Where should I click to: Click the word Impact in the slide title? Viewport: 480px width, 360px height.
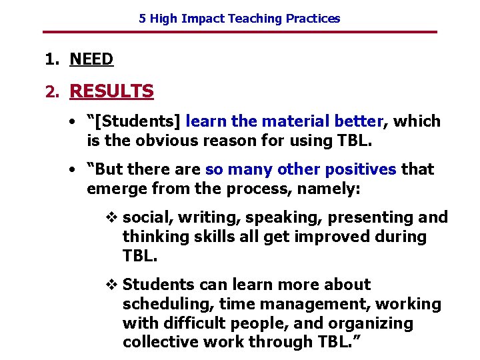[x=201, y=19]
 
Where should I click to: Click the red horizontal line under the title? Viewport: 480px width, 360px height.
[x=240, y=32]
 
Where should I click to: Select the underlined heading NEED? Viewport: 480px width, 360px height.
[x=91, y=59]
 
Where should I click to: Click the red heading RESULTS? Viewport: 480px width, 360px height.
[x=111, y=91]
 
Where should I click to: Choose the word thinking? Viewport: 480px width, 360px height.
[x=153, y=237]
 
